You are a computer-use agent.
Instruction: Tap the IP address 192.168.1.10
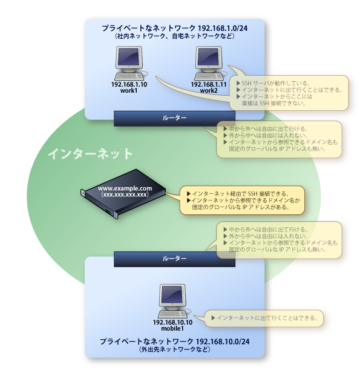click(129, 84)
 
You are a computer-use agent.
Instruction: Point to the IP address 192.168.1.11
click(209, 84)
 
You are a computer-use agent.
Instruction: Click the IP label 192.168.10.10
click(172, 322)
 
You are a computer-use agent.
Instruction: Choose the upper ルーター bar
click(174, 118)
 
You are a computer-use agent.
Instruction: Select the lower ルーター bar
click(174, 259)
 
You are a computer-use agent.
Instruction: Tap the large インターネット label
click(90, 154)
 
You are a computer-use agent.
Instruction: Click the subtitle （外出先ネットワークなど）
click(174, 351)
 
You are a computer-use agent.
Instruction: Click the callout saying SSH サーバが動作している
click(289, 93)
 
